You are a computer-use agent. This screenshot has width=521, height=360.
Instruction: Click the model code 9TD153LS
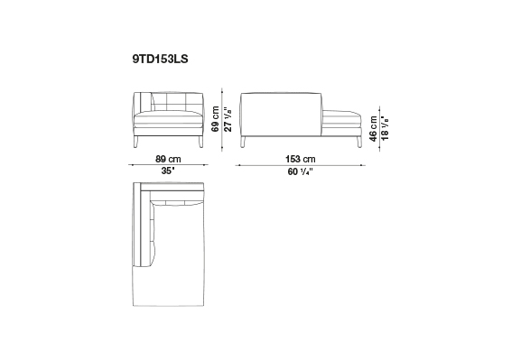[160, 59]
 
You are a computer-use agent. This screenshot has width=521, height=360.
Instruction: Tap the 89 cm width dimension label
[168, 159]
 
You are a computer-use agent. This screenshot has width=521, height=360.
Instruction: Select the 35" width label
[168, 171]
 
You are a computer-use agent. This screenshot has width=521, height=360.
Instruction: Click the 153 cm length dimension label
[301, 159]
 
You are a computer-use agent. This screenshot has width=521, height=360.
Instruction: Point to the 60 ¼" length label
[301, 171]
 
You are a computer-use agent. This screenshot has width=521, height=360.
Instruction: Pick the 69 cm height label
[215, 119]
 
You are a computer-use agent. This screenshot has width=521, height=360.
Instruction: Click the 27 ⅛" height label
[228, 119]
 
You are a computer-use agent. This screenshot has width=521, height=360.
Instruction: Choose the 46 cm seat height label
[374, 128]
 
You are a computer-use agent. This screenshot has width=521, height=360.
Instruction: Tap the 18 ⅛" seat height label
[385, 128]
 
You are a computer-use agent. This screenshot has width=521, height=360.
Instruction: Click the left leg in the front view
[135, 142]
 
